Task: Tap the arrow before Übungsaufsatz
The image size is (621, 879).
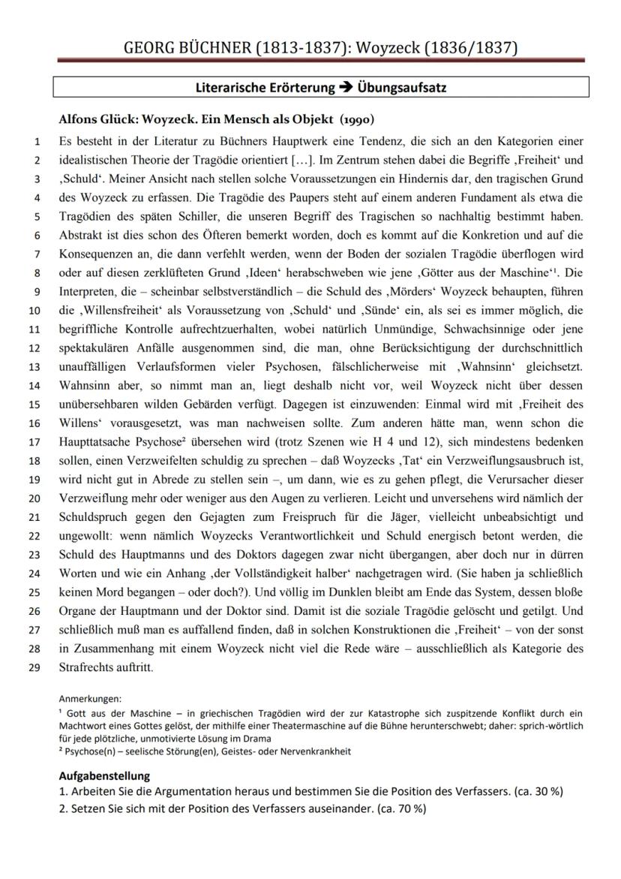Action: tap(347, 88)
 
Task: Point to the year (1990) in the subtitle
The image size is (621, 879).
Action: tap(357, 119)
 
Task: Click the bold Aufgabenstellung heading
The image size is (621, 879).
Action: tap(104, 776)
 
